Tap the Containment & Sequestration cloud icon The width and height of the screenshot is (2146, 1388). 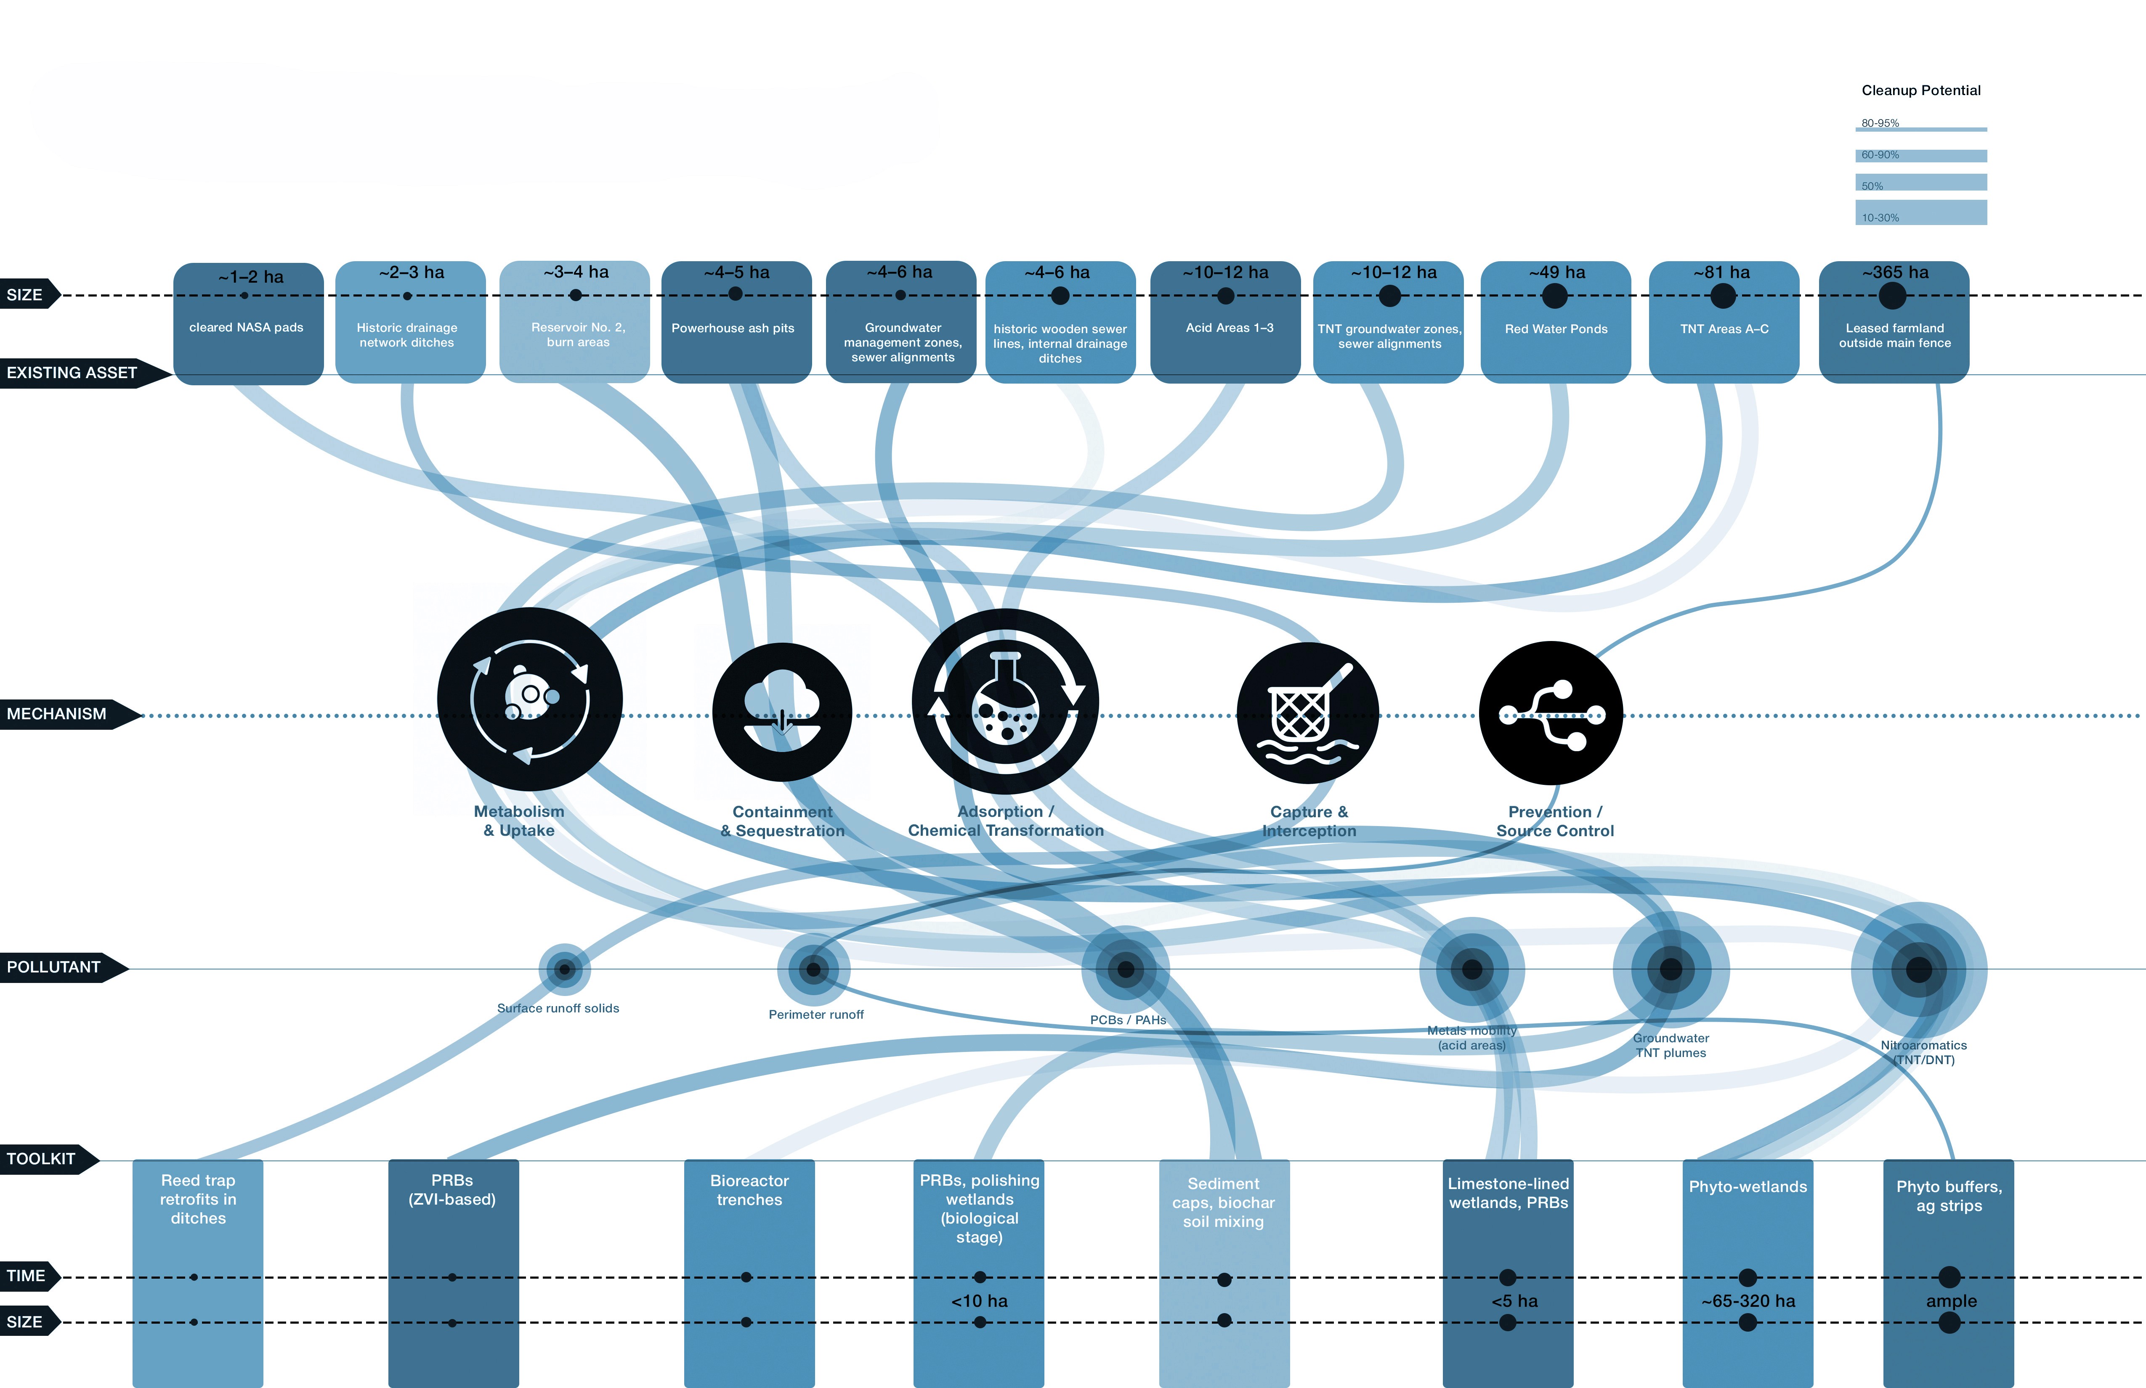[x=782, y=712]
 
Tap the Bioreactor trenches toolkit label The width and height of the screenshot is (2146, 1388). [x=749, y=1190]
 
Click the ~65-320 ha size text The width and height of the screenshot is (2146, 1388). [x=1748, y=1301]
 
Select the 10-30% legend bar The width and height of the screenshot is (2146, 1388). [x=1920, y=214]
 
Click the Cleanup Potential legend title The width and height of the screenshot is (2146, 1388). [x=1920, y=90]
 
